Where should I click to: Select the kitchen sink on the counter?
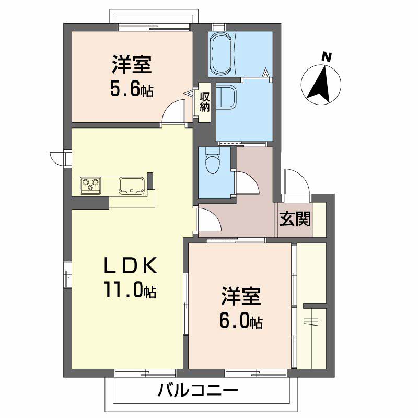(x=131, y=185)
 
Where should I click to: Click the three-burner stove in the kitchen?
(x=90, y=185)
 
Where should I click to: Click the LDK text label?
(x=130, y=266)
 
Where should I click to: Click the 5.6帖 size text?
(x=131, y=90)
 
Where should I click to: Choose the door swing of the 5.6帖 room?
(x=174, y=113)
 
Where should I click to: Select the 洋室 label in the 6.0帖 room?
(x=240, y=297)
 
